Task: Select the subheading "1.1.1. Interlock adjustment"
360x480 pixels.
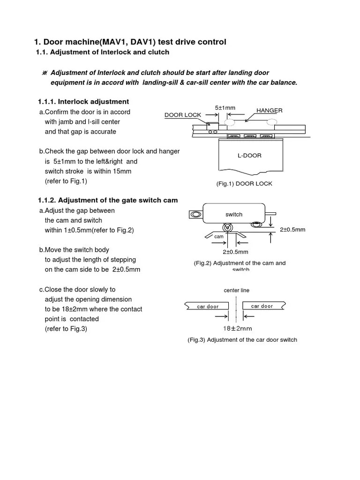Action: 83,102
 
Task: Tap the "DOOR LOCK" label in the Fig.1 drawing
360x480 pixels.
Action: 182,115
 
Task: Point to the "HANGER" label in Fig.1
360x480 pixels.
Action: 269,111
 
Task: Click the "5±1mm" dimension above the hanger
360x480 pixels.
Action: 225,108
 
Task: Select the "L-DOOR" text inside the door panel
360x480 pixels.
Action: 249,156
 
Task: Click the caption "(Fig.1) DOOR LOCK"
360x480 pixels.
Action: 244,184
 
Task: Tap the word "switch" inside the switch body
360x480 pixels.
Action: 234,214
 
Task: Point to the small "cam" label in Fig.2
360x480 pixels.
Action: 219,237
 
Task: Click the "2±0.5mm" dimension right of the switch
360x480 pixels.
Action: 292,230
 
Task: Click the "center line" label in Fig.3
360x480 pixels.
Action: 236,291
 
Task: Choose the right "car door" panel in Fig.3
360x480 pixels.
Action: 262,306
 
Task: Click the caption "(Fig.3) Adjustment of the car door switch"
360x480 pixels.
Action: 242,340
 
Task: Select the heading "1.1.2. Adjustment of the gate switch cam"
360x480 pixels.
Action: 108,200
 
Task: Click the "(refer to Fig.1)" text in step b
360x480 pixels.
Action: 66,181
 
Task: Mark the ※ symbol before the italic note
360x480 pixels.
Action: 45,73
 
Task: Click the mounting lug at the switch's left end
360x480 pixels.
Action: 195,216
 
